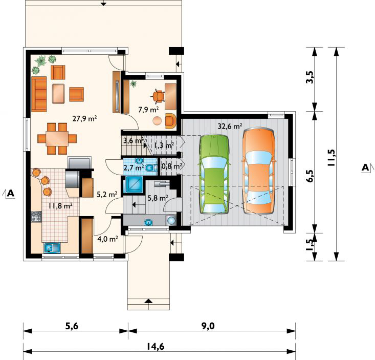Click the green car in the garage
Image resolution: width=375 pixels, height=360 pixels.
coord(214,174)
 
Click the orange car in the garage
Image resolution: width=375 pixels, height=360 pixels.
coord(258,171)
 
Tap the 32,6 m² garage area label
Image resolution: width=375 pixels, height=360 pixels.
coord(230,126)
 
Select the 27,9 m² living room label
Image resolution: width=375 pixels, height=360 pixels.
coord(84,118)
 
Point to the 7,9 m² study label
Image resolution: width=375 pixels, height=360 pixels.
coord(148,110)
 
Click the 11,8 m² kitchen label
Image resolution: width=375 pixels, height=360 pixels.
coord(60,206)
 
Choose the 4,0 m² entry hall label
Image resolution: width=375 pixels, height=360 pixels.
coord(107,239)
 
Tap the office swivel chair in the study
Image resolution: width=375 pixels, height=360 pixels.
coord(158,96)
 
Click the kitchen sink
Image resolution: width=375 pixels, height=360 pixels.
coord(52,248)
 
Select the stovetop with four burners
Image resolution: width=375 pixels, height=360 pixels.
coord(36,217)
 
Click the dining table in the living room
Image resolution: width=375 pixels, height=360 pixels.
coord(57,139)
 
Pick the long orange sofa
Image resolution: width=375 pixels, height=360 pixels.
coord(39,94)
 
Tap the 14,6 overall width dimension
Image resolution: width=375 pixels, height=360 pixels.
coord(157,347)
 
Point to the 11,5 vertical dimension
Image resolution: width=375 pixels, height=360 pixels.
coord(332,158)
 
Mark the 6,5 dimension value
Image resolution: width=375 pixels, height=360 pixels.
coord(310,176)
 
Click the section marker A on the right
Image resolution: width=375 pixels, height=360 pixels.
coord(365,167)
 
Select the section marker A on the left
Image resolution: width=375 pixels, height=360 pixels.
coord(11,193)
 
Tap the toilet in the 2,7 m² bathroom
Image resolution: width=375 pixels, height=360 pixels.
coord(150,168)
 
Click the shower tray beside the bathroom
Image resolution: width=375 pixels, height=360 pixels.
coord(134,184)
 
